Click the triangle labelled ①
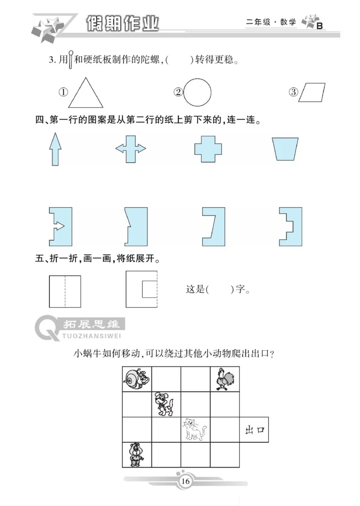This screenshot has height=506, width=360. click(x=85, y=94)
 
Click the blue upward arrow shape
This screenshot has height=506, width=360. click(x=55, y=149)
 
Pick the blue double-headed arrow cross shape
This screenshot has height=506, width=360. click(x=131, y=149)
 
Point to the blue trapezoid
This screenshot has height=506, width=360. click(x=285, y=149)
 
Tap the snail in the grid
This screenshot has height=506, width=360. click(x=136, y=379)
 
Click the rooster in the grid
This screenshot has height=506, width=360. click(x=224, y=379)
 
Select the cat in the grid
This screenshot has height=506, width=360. click(x=194, y=429)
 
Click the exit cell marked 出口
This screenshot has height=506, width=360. click(x=254, y=430)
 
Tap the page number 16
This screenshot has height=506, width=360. click(x=185, y=482)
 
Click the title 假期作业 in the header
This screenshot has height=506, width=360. click(x=122, y=23)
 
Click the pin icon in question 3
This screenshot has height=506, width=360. click(x=70, y=60)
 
